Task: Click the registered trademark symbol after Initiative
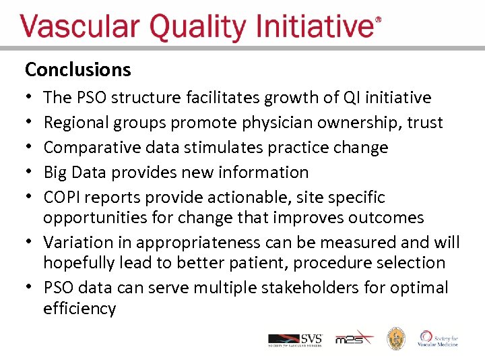378,20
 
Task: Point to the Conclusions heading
77,69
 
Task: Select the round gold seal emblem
395,339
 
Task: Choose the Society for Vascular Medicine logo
439,338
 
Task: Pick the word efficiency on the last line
79,309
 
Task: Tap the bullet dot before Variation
30,242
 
